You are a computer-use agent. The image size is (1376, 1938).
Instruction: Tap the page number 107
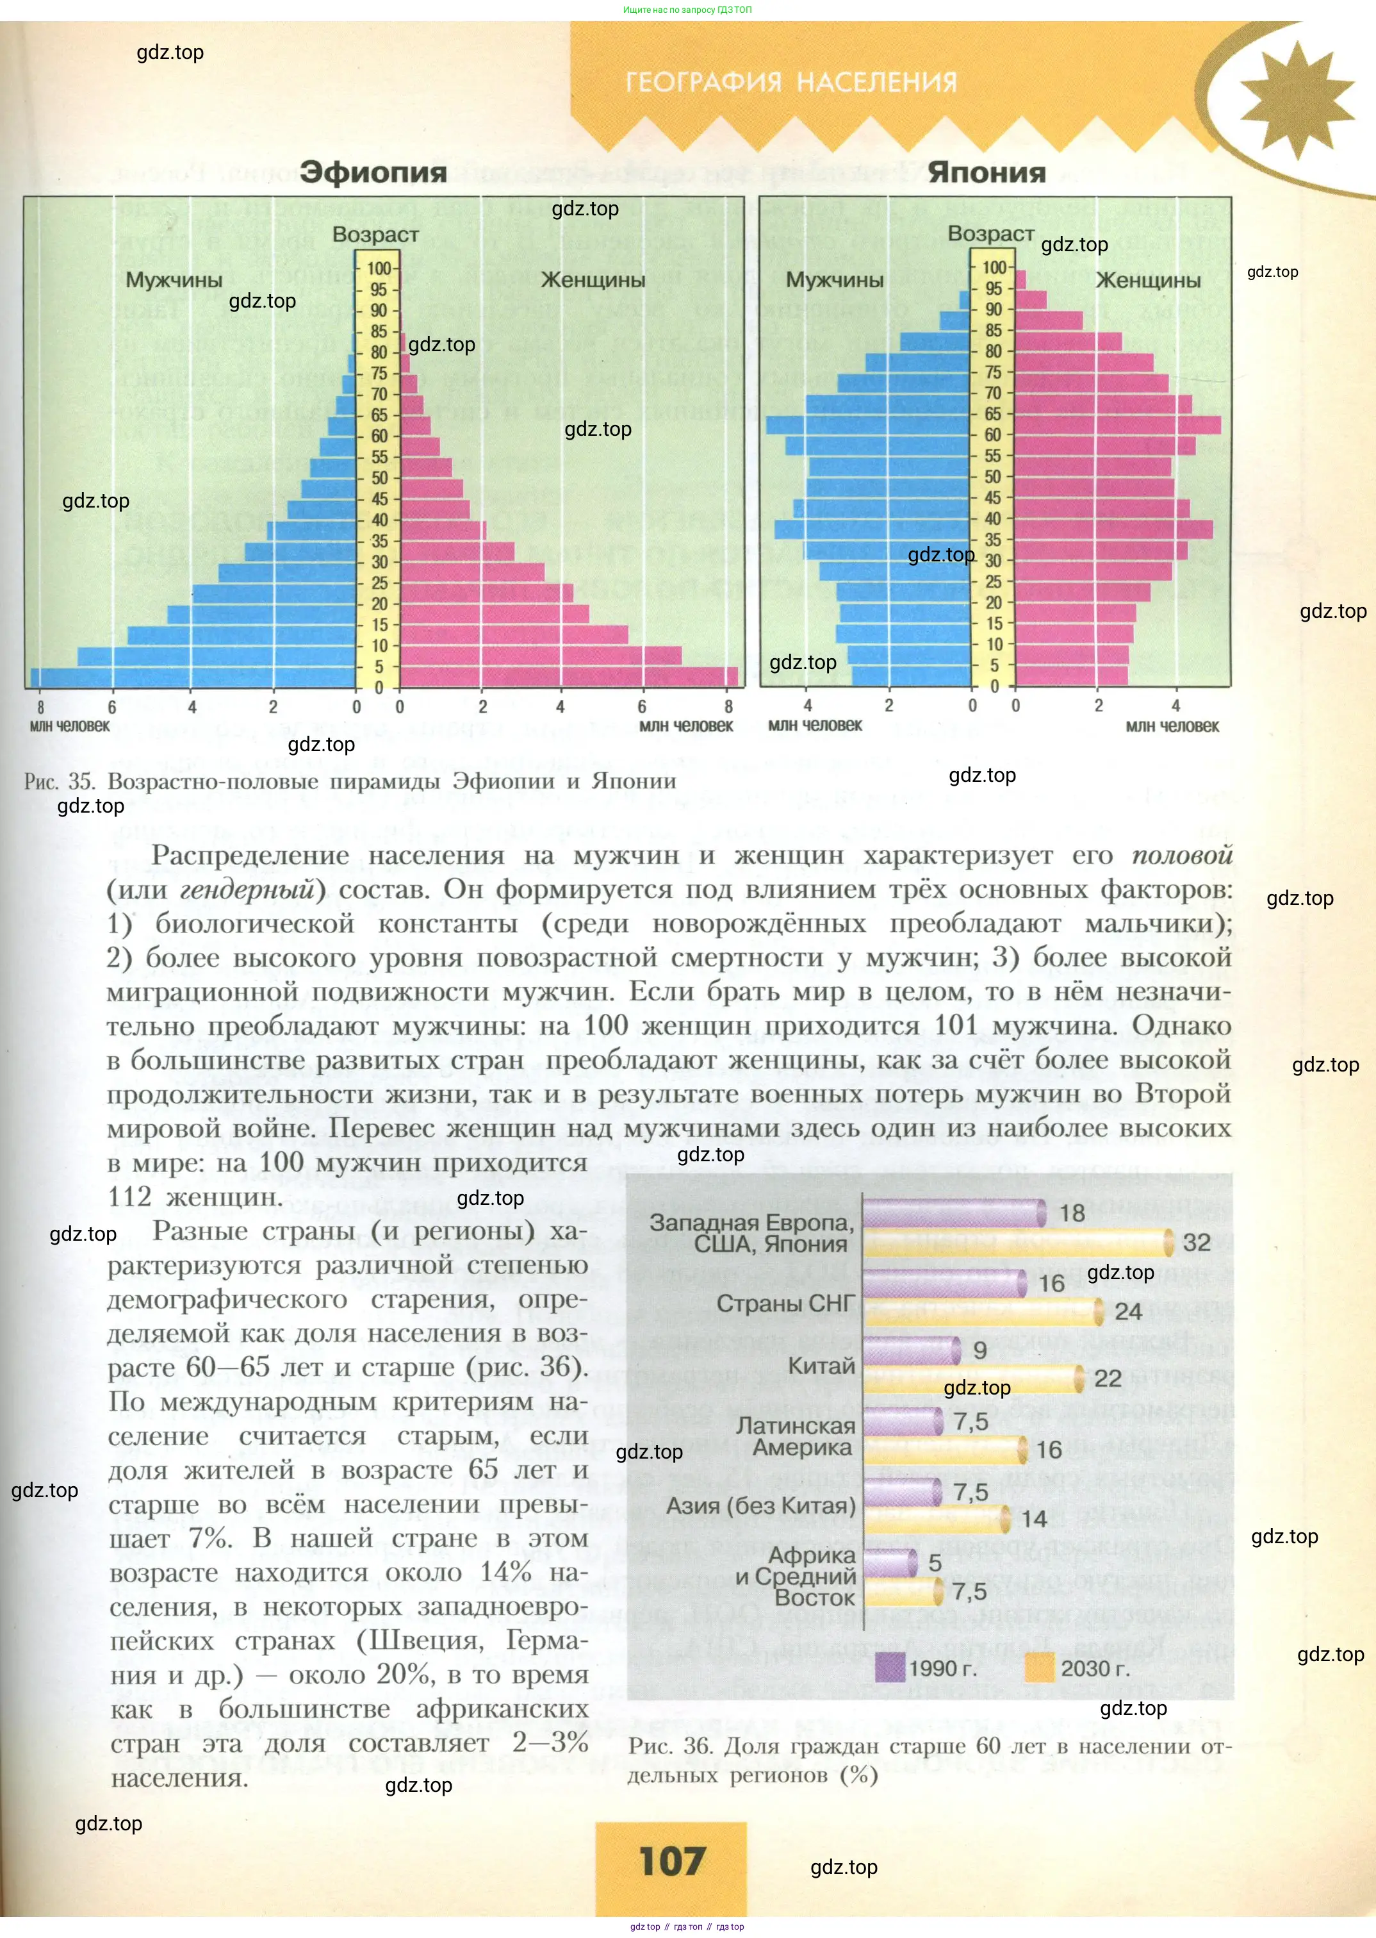(672, 1861)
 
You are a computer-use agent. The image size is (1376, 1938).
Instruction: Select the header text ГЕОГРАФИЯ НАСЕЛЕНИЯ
(790, 82)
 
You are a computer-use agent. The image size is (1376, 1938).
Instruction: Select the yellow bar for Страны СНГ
(983, 1312)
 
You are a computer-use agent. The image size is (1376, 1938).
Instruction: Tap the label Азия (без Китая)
(761, 1506)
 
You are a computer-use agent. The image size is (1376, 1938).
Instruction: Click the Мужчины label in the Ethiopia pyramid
(174, 279)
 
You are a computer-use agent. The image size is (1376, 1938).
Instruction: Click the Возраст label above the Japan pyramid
(990, 233)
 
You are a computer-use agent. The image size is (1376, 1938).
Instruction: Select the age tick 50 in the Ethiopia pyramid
(379, 478)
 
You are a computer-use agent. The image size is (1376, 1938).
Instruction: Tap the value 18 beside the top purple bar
(1072, 1213)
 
